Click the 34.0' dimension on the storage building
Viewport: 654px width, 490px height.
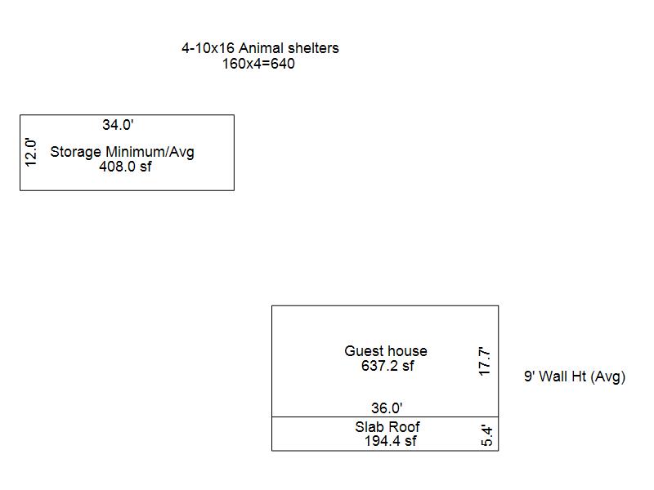click(118, 125)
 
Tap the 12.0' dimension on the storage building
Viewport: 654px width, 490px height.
click(32, 153)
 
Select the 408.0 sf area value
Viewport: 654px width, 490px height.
click(125, 167)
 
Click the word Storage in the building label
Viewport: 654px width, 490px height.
click(76, 152)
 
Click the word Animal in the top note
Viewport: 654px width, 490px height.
click(259, 48)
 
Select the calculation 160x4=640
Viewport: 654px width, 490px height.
click(258, 64)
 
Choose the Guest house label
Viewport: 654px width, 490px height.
click(386, 351)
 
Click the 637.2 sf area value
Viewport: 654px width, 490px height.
click(387, 366)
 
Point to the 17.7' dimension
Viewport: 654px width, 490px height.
click(485, 362)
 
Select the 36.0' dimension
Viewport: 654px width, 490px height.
click(387, 408)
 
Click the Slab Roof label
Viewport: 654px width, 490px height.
click(387, 426)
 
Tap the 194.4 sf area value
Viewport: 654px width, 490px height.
click(390, 441)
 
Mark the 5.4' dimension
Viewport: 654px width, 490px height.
click(487, 435)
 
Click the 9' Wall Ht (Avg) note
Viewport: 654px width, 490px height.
click(574, 376)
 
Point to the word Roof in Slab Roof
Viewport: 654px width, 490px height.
click(405, 426)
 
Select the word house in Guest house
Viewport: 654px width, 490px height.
click(406, 351)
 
